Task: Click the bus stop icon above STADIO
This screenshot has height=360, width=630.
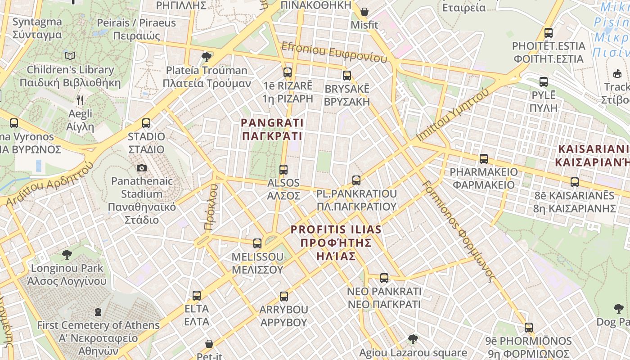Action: click(x=146, y=123)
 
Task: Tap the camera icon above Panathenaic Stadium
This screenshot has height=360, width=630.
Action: click(x=142, y=168)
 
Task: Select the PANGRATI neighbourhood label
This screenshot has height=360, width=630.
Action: click(x=272, y=129)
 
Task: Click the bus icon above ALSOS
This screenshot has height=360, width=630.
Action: click(x=283, y=170)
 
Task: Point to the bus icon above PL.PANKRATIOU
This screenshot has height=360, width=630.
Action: click(x=356, y=180)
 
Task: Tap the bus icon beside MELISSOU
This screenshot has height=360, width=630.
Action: click(x=257, y=243)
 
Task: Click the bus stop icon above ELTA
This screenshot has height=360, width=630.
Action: click(x=197, y=296)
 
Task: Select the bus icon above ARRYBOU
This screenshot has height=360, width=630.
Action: click(x=283, y=297)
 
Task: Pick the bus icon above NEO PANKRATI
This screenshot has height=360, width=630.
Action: click(x=384, y=278)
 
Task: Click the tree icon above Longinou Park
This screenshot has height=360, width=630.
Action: click(x=67, y=255)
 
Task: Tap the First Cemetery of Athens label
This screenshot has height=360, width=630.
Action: click(x=98, y=337)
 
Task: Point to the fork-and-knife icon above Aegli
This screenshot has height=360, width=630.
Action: click(x=80, y=100)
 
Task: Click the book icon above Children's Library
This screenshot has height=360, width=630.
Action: click(x=70, y=56)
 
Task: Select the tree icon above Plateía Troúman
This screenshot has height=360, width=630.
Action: click(x=207, y=57)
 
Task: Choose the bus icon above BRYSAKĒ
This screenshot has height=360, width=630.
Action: click(x=346, y=75)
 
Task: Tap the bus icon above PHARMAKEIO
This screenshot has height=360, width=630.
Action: click(x=484, y=159)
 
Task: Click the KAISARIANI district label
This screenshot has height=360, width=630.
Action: click(x=593, y=156)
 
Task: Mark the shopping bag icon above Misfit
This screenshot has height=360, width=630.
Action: click(x=364, y=12)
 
